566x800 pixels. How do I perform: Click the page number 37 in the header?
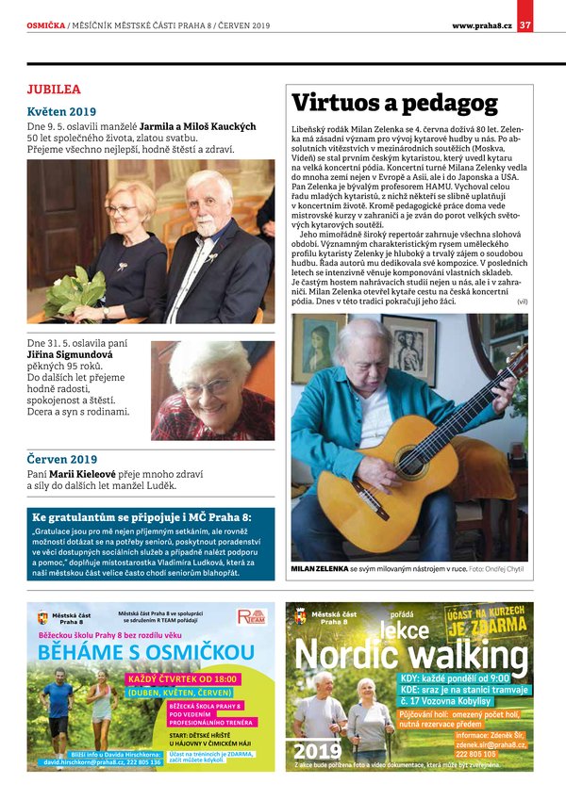(526, 24)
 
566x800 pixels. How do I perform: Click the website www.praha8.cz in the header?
(481, 24)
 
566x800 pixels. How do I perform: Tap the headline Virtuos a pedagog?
(394, 102)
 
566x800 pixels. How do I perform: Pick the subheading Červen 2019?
(62, 459)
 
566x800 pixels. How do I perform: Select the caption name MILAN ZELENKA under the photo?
(319, 569)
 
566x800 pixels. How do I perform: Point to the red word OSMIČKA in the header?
(46, 24)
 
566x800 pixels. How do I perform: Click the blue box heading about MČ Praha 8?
(141, 517)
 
